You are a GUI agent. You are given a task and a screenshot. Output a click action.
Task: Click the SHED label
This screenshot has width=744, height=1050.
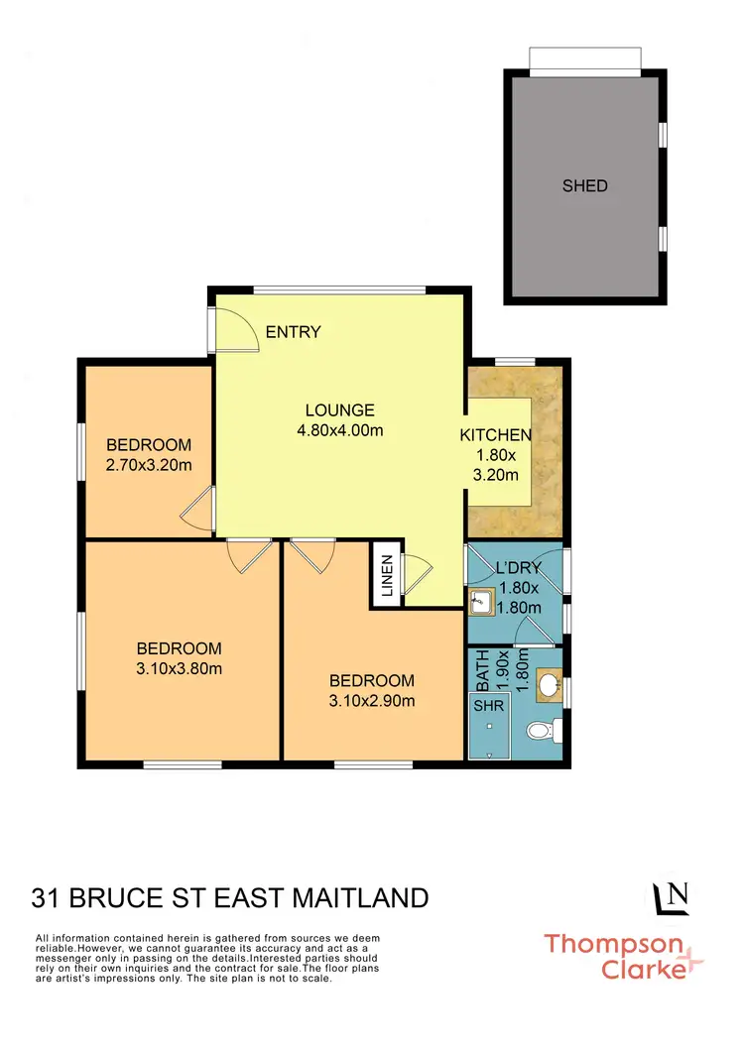coord(584,185)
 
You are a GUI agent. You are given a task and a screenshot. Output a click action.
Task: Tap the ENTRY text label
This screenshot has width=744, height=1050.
coord(294,332)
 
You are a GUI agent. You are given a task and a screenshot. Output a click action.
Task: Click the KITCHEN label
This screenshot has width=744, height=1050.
coord(496,435)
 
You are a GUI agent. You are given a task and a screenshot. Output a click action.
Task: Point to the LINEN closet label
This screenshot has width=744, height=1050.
coord(387,574)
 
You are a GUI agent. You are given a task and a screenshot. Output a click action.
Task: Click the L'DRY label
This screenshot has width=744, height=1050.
coord(517,570)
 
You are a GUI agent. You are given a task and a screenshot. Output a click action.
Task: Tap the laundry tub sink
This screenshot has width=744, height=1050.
coord(481,600)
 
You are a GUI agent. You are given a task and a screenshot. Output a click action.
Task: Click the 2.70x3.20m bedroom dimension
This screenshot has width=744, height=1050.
coord(149,464)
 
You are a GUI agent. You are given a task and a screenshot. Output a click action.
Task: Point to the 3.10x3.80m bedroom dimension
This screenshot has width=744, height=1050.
coord(179,667)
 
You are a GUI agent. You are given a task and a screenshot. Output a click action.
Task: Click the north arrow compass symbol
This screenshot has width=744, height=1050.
coord(672,897)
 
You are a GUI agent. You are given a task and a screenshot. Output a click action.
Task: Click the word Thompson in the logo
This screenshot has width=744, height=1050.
coord(612,943)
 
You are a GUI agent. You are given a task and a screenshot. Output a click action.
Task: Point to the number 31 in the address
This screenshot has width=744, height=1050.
coord(45,898)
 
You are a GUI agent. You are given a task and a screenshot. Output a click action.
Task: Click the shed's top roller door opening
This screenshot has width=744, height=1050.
coord(583,60)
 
